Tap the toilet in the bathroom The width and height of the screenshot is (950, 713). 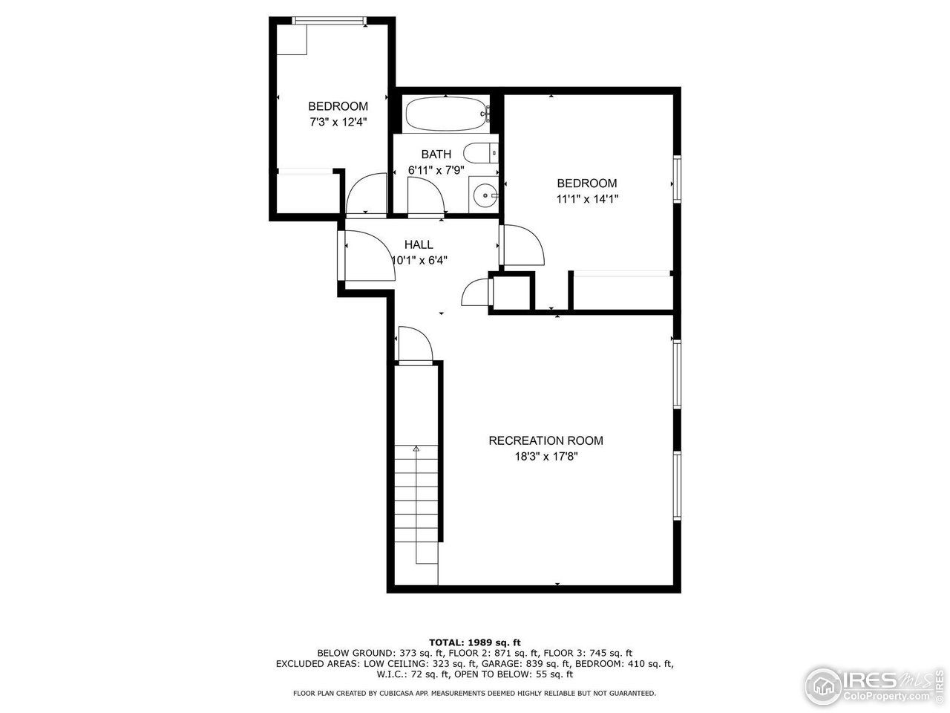[481, 153]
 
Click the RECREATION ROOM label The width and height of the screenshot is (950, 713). [546, 440]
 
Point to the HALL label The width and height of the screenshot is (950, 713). [419, 244]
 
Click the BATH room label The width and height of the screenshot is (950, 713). [436, 154]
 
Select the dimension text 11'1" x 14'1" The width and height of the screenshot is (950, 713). [587, 198]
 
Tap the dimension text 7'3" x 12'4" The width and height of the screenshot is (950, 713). [338, 122]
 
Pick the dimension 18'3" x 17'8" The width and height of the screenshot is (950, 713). [546, 457]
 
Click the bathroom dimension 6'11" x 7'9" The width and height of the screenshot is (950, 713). [436, 170]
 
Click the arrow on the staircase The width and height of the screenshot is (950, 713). [416, 449]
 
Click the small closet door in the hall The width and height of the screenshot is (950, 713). [475, 292]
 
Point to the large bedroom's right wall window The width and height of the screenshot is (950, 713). [677, 178]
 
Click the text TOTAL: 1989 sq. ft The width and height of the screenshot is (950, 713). [475, 642]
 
